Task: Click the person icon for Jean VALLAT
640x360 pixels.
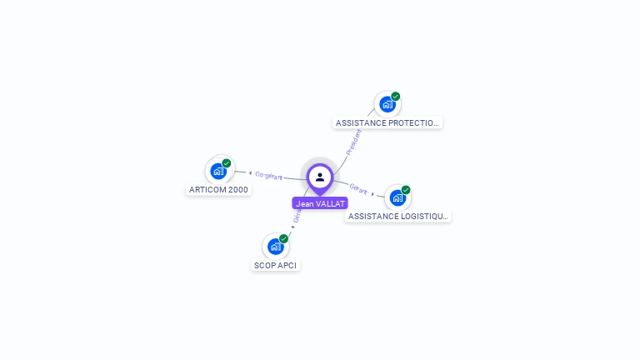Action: [320, 177]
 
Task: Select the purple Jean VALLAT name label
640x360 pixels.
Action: [320, 203]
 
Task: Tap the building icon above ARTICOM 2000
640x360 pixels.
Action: [218, 172]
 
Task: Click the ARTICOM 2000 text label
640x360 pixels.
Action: [219, 189]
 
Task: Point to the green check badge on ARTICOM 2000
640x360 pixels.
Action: [227, 163]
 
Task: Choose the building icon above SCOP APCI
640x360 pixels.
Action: [275, 247]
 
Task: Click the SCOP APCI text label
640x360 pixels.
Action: [275, 265]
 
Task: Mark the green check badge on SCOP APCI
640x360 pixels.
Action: [283, 239]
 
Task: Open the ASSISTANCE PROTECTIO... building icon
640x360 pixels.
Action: [387, 104]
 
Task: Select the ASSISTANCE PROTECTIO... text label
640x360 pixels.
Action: [387, 122]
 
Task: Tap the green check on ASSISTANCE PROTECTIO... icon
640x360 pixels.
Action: [396, 97]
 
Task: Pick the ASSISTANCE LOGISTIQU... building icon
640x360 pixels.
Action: [397, 197]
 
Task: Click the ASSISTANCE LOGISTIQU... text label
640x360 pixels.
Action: [398, 216]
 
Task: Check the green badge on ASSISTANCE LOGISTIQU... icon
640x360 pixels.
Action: [406, 190]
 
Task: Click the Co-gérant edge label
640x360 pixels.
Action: [268, 175]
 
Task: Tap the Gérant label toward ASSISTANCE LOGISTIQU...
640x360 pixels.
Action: [358, 189]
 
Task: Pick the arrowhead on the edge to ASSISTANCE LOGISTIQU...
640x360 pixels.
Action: [372, 193]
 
